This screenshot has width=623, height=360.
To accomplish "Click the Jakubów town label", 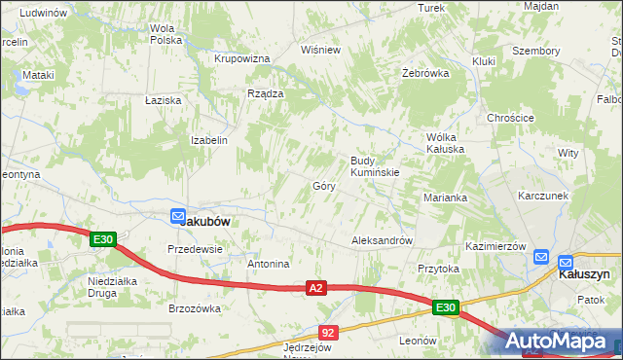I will (205, 221).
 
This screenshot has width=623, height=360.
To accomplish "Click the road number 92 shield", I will (328, 333).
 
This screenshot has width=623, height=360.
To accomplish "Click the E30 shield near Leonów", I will (445, 308).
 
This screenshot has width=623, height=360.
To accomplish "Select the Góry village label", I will (324, 186).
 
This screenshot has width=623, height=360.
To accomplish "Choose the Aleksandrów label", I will (383, 240).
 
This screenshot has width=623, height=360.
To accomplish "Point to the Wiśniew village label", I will (321, 49).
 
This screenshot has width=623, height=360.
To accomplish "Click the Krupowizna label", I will (241, 58).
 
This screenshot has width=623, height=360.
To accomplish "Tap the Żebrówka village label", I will (425, 73).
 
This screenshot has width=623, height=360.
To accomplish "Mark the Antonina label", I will (269, 264).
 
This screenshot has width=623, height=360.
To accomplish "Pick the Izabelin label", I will (209, 140).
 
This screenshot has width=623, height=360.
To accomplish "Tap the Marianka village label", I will (446, 198).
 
